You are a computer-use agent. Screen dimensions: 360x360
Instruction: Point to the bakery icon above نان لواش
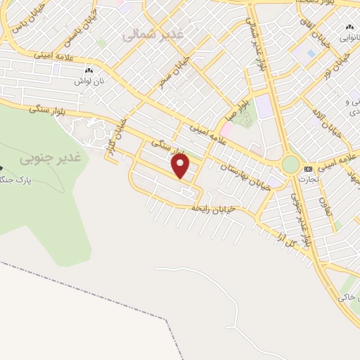tap(88, 71)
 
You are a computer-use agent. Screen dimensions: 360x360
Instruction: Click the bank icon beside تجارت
tap(308, 169)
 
